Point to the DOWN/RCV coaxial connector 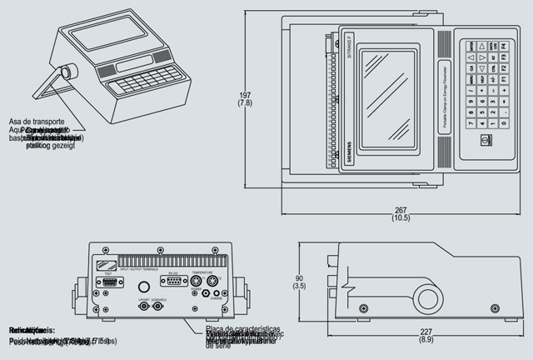157,307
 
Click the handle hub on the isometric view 70,69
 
